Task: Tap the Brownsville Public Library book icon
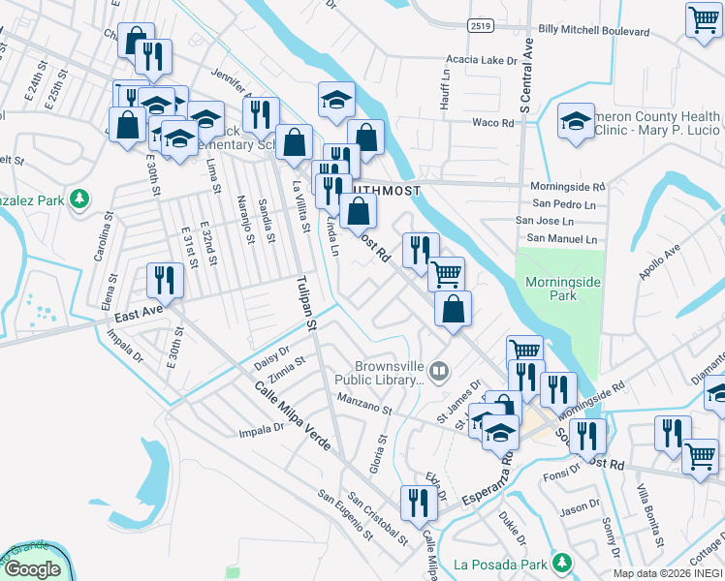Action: [439, 370]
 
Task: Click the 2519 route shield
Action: [477, 24]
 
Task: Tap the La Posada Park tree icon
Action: [560, 563]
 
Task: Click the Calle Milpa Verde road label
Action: [294, 418]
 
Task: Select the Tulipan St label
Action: [306, 307]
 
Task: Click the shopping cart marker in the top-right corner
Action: [703, 20]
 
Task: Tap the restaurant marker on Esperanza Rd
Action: [419, 504]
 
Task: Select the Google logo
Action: [32, 570]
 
